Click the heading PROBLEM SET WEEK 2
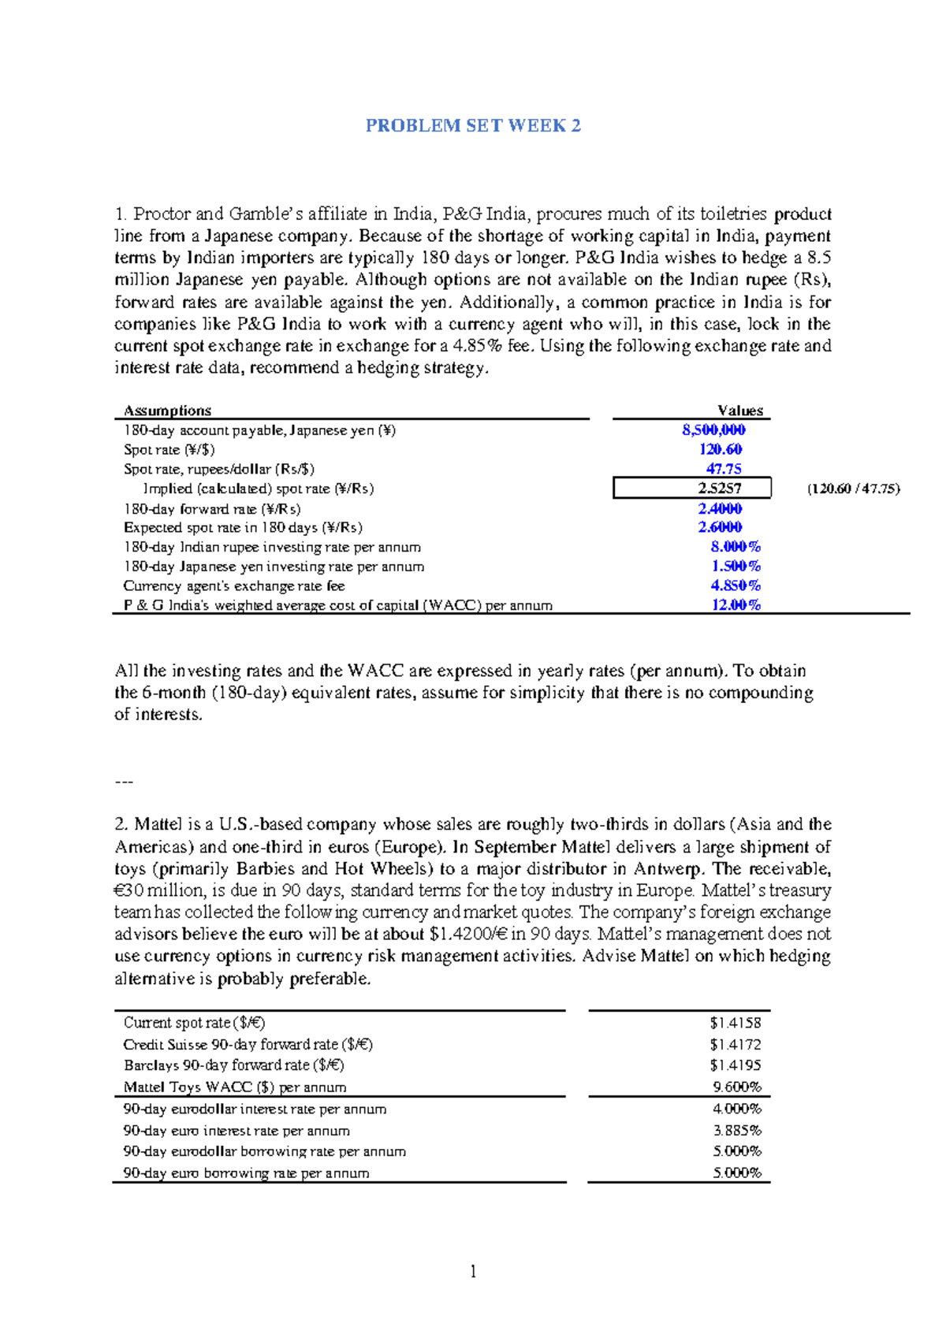473,126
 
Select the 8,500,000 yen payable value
713,429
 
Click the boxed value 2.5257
719,489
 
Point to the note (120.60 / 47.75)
853,489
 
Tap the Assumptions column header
167,411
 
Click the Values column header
739,411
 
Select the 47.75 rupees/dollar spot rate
723,469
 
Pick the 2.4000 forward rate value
720,508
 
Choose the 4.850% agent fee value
735,585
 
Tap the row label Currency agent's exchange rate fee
233,585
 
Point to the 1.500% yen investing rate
735,566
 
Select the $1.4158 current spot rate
735,1023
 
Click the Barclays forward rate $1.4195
735,1065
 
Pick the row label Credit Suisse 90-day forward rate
248,1044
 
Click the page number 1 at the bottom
473,1271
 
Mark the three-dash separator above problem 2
124,782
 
